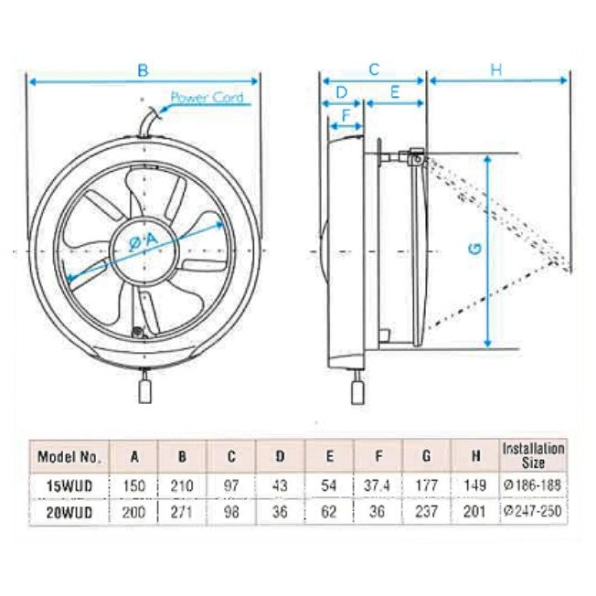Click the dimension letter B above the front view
point(143,69)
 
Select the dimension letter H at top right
point(496,69)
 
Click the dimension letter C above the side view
point(373,69)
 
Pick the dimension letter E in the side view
point(395,91)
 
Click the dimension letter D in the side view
point(341,91)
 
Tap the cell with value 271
point(183,512)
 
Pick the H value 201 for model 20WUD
point(474,512)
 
